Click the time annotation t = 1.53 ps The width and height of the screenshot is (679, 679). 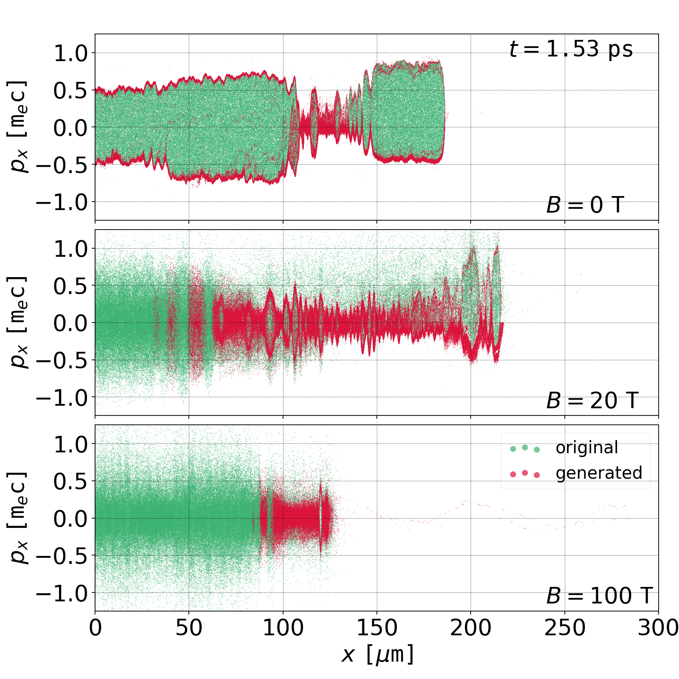click(571, 49)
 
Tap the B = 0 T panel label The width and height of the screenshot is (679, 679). click(585, 205)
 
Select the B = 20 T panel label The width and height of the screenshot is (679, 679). click(592, 401)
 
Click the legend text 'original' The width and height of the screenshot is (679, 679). click(586, 448)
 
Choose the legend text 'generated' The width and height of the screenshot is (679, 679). click(599, 473)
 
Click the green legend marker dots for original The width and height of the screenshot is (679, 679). click(525, 448)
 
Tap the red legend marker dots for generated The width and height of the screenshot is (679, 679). click(525, 474)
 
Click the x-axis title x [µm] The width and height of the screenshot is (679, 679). click(377, 654)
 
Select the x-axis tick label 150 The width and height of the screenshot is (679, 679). click(377, 628)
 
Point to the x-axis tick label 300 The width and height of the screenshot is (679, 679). click(658, 628)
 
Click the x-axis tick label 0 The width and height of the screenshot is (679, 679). click(95, 628)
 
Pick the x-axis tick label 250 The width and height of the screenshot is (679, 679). click(564, 628)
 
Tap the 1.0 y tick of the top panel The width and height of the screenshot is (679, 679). click(70, 53)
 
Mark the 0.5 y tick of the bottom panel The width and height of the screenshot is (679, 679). click(70, 481)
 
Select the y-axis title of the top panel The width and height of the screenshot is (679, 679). click(18, 127)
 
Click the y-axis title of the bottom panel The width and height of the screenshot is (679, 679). click(18, 518)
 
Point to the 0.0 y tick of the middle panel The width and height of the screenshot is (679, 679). click(70, 323)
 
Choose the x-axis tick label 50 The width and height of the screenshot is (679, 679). click(189, 628)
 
